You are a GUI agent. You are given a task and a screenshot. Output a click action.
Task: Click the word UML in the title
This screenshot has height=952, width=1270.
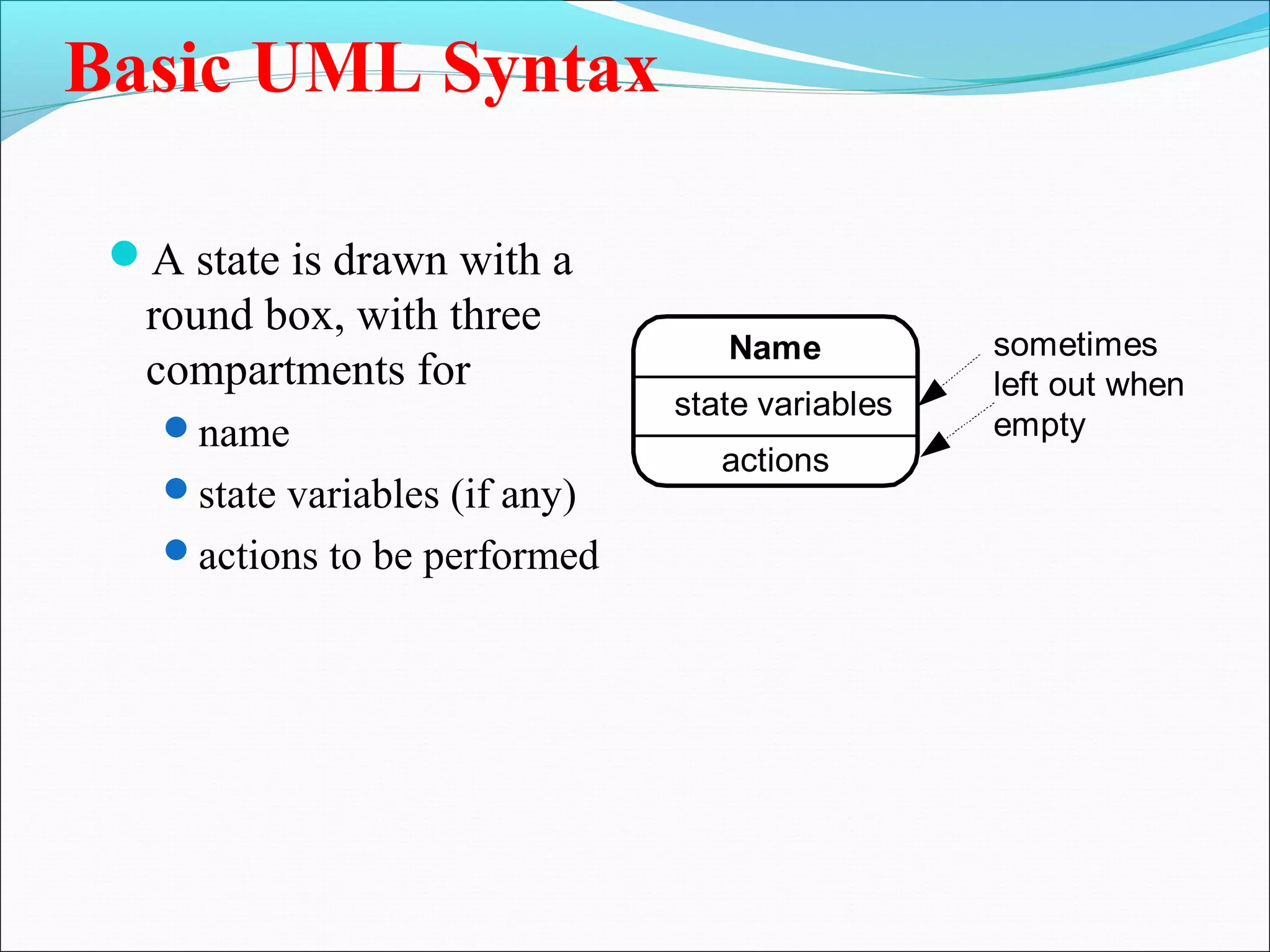click(x=339, y=68)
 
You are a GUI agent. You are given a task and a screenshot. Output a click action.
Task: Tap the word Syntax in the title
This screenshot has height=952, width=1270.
click(x=549, y=69)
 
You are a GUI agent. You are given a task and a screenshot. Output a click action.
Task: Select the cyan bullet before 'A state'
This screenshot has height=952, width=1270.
click(x=125, y=253)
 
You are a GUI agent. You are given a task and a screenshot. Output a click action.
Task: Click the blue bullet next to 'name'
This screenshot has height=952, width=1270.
click(x=177, y=427)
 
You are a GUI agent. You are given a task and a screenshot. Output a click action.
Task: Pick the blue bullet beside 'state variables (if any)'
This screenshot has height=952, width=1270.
click(x=177, y=488)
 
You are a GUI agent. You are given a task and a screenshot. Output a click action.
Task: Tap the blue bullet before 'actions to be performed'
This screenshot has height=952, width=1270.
click(x=177, y=550)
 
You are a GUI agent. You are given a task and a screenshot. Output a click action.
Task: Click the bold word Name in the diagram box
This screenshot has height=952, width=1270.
click(x=775, y=347)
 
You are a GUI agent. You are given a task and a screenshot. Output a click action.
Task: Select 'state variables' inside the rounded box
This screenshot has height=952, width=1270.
click(x=783, y=404)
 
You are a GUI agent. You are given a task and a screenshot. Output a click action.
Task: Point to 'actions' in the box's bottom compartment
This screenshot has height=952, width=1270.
click(x=775, y=461)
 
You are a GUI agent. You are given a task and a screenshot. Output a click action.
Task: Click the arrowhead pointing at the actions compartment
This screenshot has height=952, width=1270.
click(x=935, y=444)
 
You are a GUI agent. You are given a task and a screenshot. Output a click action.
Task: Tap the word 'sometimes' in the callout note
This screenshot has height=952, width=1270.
click(x=1075, y=345)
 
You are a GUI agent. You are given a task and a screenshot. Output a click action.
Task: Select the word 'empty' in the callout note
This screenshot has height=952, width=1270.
click(x=1039, y=426)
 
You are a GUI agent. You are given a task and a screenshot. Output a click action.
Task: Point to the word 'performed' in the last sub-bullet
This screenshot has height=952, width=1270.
click(x=511, y=557)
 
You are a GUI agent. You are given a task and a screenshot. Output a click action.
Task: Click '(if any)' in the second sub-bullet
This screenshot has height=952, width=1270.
click(x=513, y=495)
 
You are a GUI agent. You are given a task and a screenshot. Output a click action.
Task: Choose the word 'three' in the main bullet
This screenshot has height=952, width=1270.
click(x=495, y=315)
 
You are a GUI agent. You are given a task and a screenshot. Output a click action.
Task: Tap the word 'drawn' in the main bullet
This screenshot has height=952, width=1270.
click(x=390, y=260)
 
